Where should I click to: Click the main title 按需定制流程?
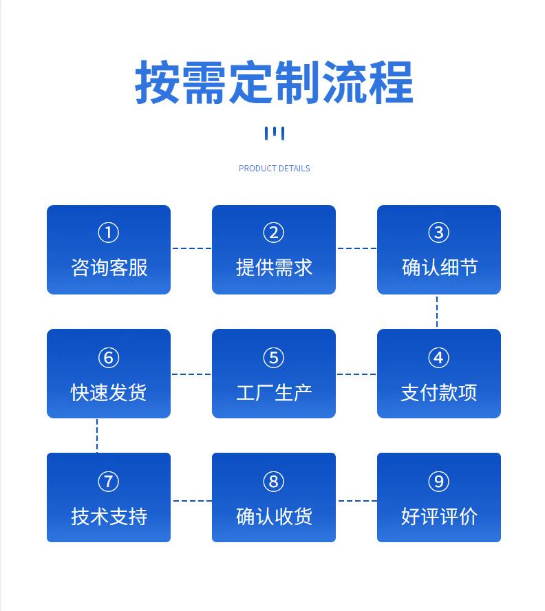click(x=274, y=83)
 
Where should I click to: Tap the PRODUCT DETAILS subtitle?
click(x=274, y=169)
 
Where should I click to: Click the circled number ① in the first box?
click(x=108, y=233)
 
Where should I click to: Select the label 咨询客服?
click(x=109, y=267)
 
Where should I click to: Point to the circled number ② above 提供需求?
click(x=274, y=233)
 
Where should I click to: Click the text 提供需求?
click(x=274, y=267)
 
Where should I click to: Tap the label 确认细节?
click(x=439, y=267)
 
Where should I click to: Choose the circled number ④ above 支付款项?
click(x=438, y=358)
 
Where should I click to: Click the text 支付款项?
click(x=439, y=392)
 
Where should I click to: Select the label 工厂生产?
click(x=274, y=392)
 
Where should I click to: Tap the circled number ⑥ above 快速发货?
click(x=108, y=358)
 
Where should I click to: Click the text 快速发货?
click(x=109, y=392)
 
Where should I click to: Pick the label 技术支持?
click(x=109, y=516)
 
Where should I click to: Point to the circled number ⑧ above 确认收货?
click(x=274, y=482)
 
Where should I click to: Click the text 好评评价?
click(x=439, y=516)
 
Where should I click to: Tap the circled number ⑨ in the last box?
click(x=438, y=482)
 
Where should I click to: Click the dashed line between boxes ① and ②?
click(x=191, y=248)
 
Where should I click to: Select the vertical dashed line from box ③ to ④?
click(x=437, y=312)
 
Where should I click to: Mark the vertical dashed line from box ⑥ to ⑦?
click(x=97, y=436)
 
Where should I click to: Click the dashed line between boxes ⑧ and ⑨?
click(x=357, y=501)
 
